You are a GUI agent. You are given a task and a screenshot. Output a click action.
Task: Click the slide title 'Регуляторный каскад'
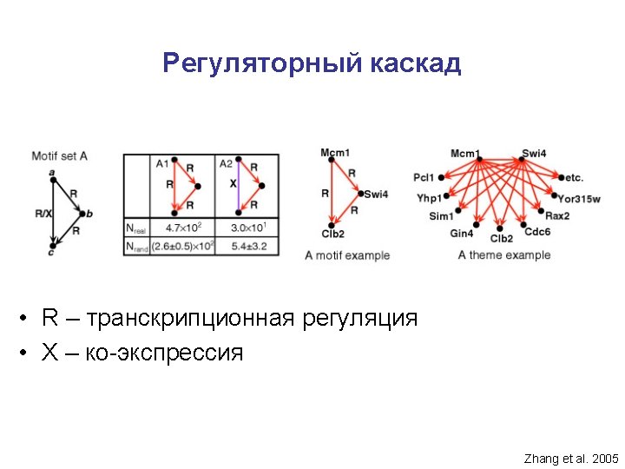(x=312, y=63)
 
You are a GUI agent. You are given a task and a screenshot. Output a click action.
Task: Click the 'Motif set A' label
(x=59, y=156)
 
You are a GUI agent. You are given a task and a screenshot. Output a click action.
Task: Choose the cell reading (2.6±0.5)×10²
(x=182, y=247)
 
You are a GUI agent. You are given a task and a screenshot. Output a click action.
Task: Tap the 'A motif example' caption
(x=347, y=255)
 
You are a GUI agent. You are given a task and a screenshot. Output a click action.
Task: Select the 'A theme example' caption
(x=504, y=254)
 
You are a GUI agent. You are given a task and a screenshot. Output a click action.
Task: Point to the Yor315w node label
(x=579, y=199)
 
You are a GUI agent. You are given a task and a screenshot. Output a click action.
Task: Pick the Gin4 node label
(x=462, y=234)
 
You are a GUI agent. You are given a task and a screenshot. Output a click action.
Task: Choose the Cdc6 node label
(x=537, y=232)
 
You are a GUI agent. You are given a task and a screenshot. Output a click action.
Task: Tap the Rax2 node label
(x=557, y=216)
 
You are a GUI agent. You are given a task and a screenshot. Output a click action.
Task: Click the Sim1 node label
(x=441, y=216)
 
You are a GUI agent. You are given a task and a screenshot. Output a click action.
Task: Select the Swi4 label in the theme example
(x=535, y=154)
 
